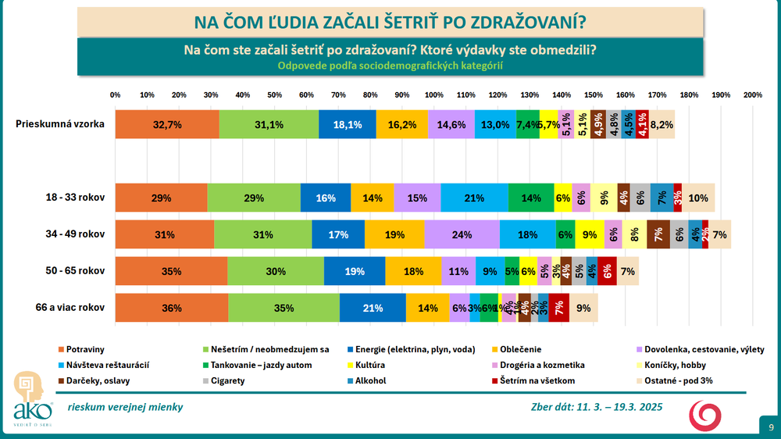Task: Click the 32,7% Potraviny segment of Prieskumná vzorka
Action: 167,124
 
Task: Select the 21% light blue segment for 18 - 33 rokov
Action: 474,198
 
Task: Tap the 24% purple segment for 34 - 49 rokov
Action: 462,234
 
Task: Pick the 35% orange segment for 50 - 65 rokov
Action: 172,271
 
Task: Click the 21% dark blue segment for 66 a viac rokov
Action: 373,308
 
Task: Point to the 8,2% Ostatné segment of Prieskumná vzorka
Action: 662,124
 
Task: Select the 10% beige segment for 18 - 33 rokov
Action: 698,198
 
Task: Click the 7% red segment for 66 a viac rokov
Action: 559,308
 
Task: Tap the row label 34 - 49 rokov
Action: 77,234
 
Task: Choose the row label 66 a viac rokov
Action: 70,308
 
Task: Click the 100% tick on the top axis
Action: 433,95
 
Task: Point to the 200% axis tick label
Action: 753,95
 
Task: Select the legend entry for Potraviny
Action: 85,349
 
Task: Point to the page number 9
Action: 771,427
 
